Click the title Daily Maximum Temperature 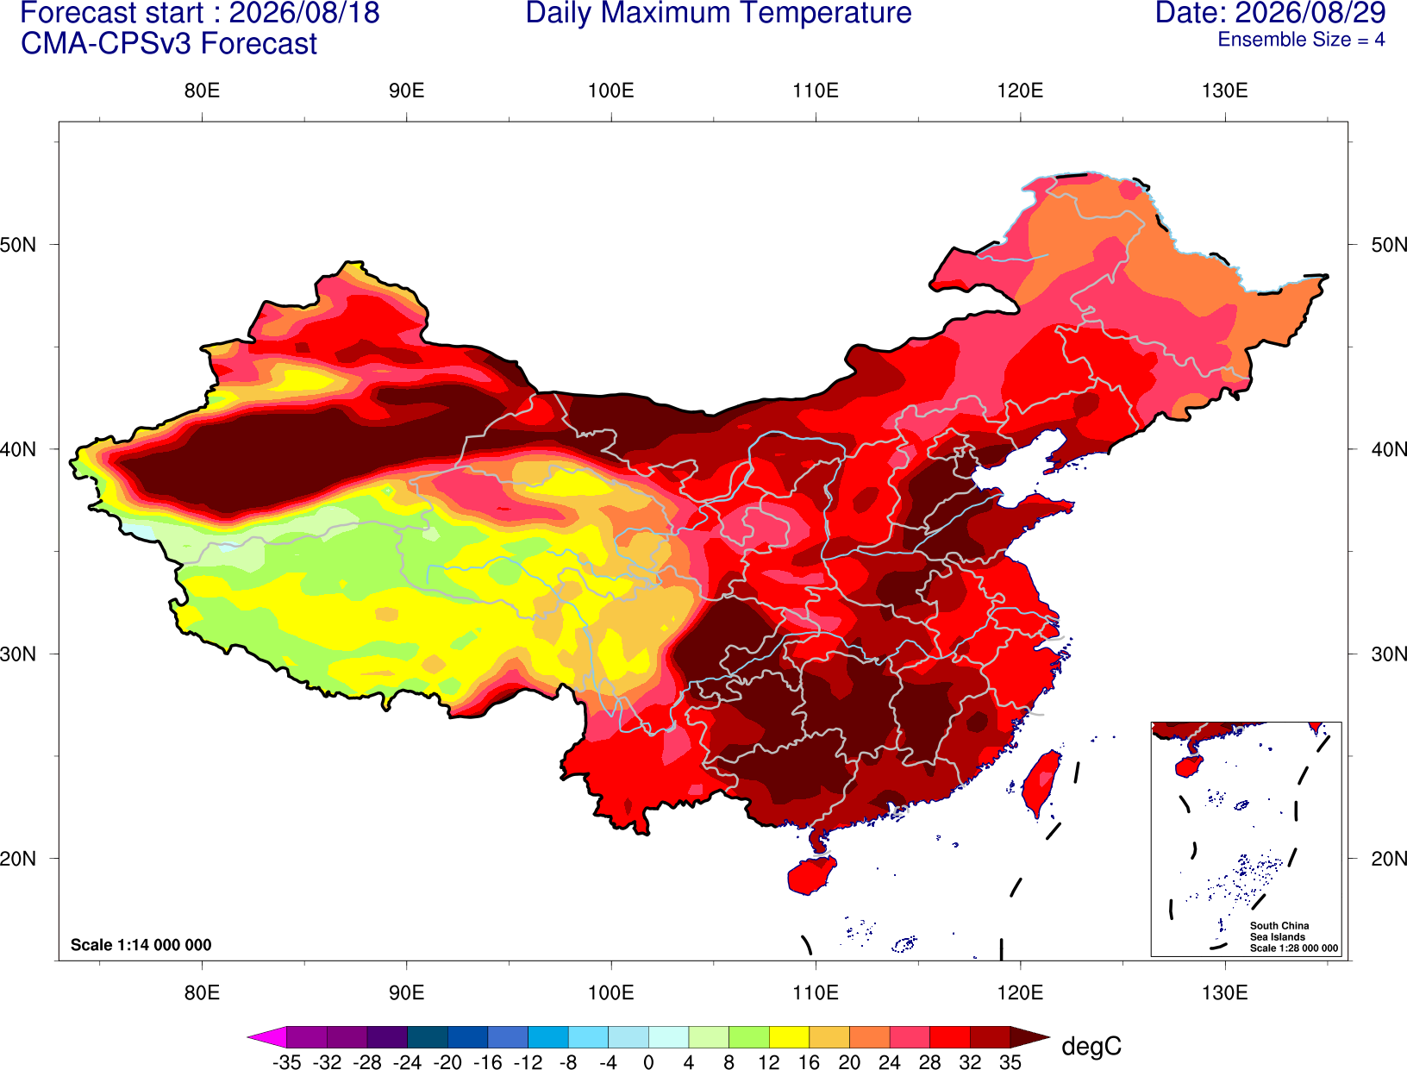[718, 13]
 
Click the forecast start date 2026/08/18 [304, 13]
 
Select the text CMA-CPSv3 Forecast [169, 44]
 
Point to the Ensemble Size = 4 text [1301, 40]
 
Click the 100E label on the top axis [611, 91]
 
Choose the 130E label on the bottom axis [1225, 993]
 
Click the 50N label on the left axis [18, 244]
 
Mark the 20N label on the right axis [1389, 859]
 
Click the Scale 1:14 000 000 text [141, 945]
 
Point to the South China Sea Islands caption [1293, 937]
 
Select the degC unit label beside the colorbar [1091, 1046]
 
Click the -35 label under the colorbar [286, 1062]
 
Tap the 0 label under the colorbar [648, 1062]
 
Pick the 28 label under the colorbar [930, 1062]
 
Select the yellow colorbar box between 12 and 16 [789, 1036]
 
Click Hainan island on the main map [811, 874]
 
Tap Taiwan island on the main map [1038, 784]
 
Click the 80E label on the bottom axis [202, 993]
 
